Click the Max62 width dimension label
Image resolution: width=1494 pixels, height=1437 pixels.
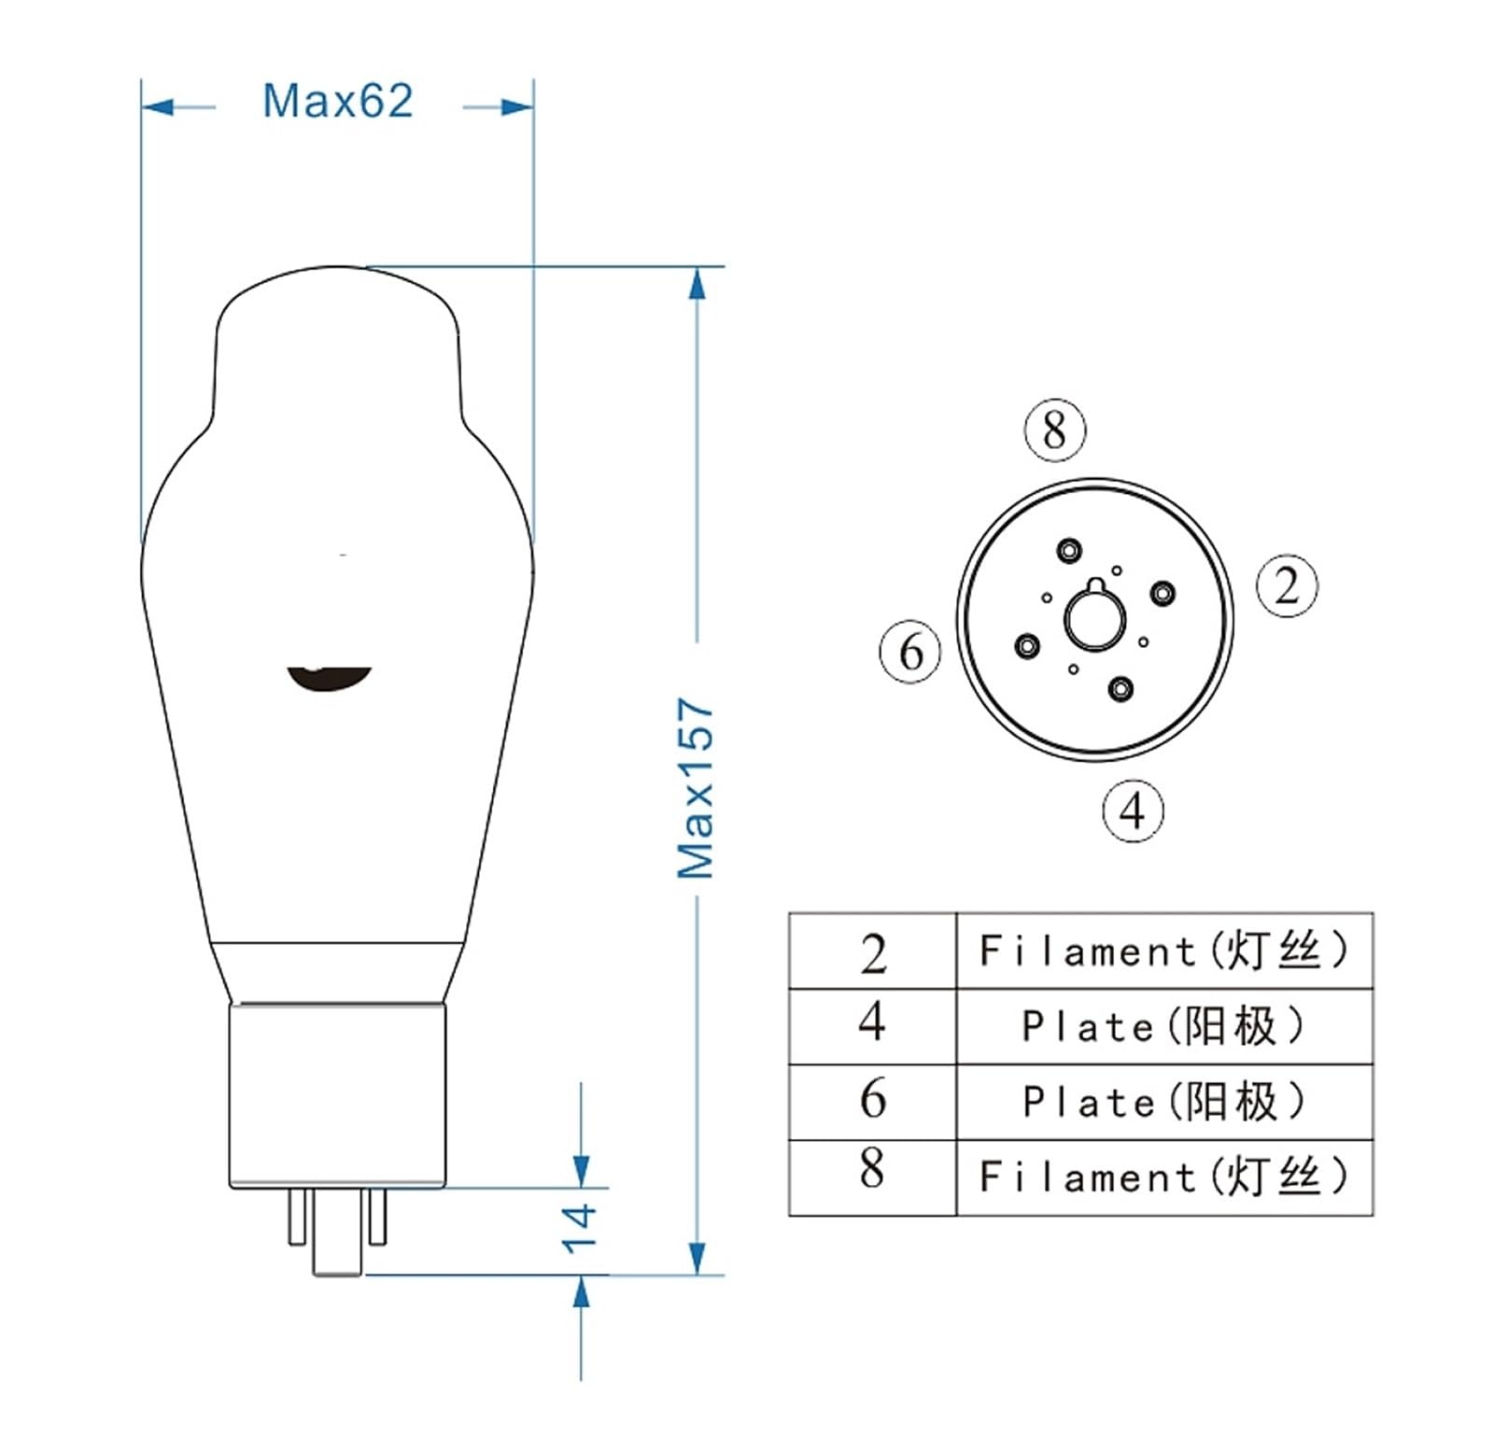click(337, 101)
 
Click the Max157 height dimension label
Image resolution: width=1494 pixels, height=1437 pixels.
click(696, 787)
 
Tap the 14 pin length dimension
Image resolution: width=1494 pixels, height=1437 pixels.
click(579, 1226)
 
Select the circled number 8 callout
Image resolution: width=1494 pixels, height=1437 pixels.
click(1055, 430)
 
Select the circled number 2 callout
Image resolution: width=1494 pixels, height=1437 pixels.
click(1287, 586)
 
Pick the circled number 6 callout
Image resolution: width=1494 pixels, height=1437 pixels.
click(910, 651)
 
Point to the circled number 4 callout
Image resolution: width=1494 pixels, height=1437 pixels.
click(1133, 810)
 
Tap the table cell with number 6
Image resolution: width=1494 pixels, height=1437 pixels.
click(873, 1099)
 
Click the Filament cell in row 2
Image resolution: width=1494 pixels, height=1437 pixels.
click(1163, 951)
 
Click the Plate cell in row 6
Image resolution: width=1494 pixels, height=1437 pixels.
click(1163, 1102)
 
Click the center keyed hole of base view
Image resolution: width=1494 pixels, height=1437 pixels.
click(1094, 619)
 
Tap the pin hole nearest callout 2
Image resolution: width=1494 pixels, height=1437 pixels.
click(1163, 593)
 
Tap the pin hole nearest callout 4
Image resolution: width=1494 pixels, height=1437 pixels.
click(1120, 689)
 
